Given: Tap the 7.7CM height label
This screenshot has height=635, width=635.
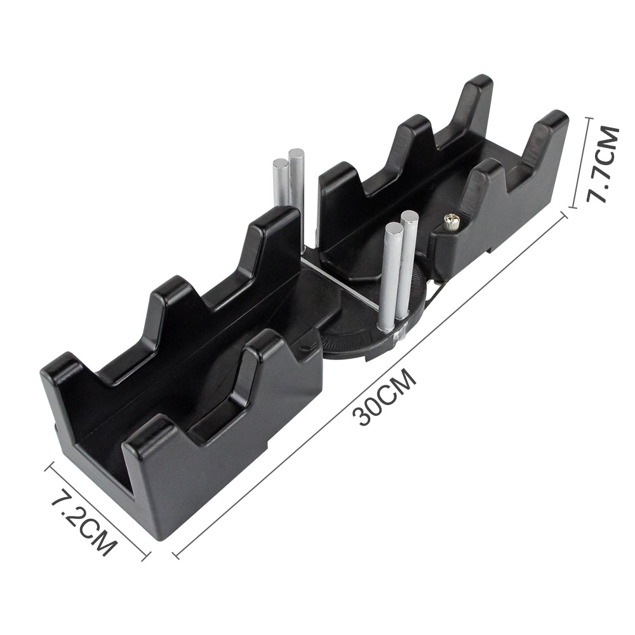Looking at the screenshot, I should (601, 163).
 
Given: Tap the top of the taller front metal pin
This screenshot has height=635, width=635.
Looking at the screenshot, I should (410, 218).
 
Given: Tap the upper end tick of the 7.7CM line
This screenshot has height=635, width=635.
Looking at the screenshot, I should (584, 118).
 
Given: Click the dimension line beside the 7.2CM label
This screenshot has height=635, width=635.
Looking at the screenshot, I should (98, 512).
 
